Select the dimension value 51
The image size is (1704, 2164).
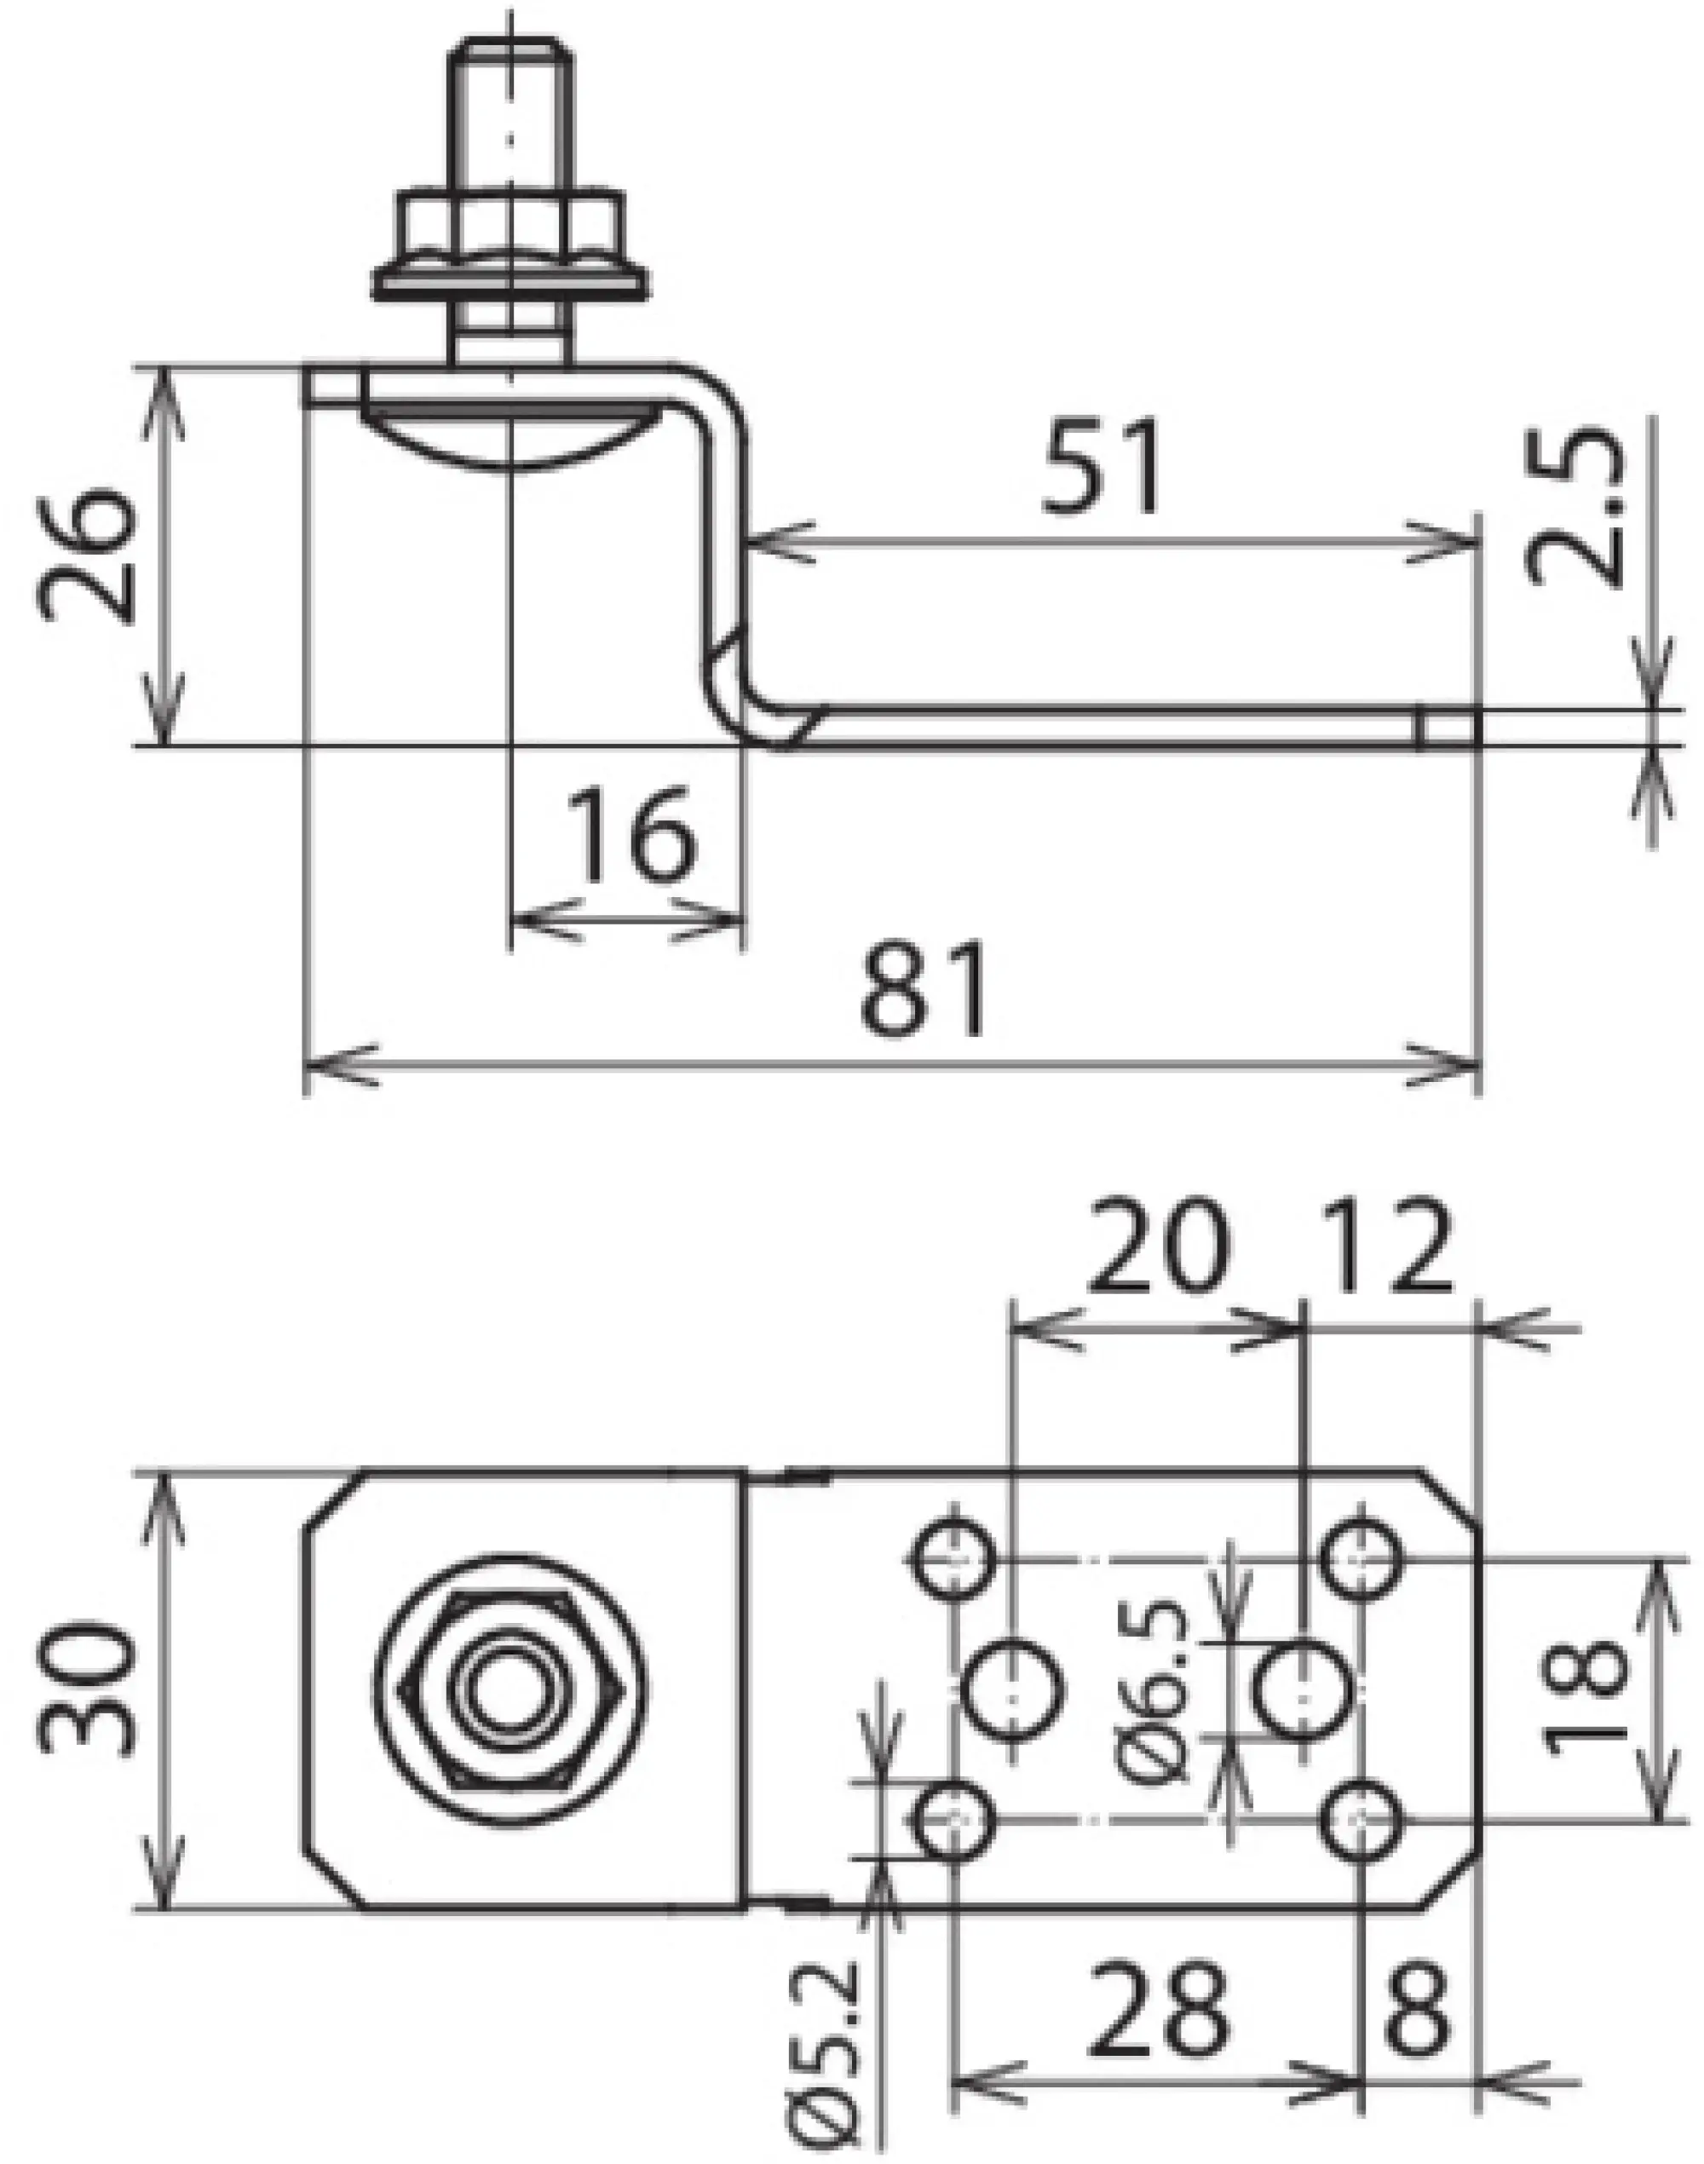1103,466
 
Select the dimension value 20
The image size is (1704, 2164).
1157,1248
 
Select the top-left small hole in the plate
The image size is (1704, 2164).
955,1559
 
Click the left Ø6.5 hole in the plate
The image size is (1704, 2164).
1016,1692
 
